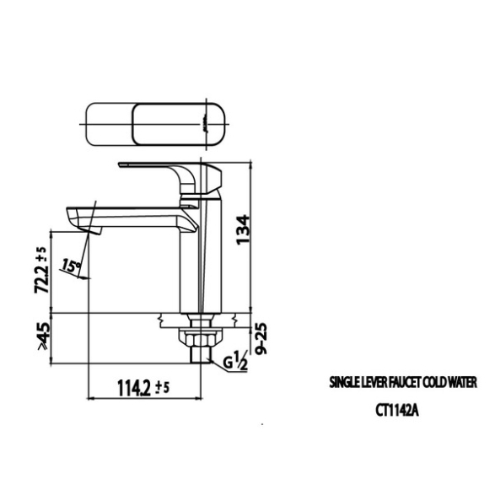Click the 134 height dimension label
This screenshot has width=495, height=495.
coord(244,230)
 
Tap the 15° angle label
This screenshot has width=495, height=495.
coord(70,266)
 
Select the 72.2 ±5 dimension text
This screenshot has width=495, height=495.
coord(41,270)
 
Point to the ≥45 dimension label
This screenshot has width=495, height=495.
coord(43,336)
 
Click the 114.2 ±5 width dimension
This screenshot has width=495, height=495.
coord(143,388)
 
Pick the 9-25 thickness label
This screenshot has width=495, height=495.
coord(261,338)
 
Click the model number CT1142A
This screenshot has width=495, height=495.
coord(397,411)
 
